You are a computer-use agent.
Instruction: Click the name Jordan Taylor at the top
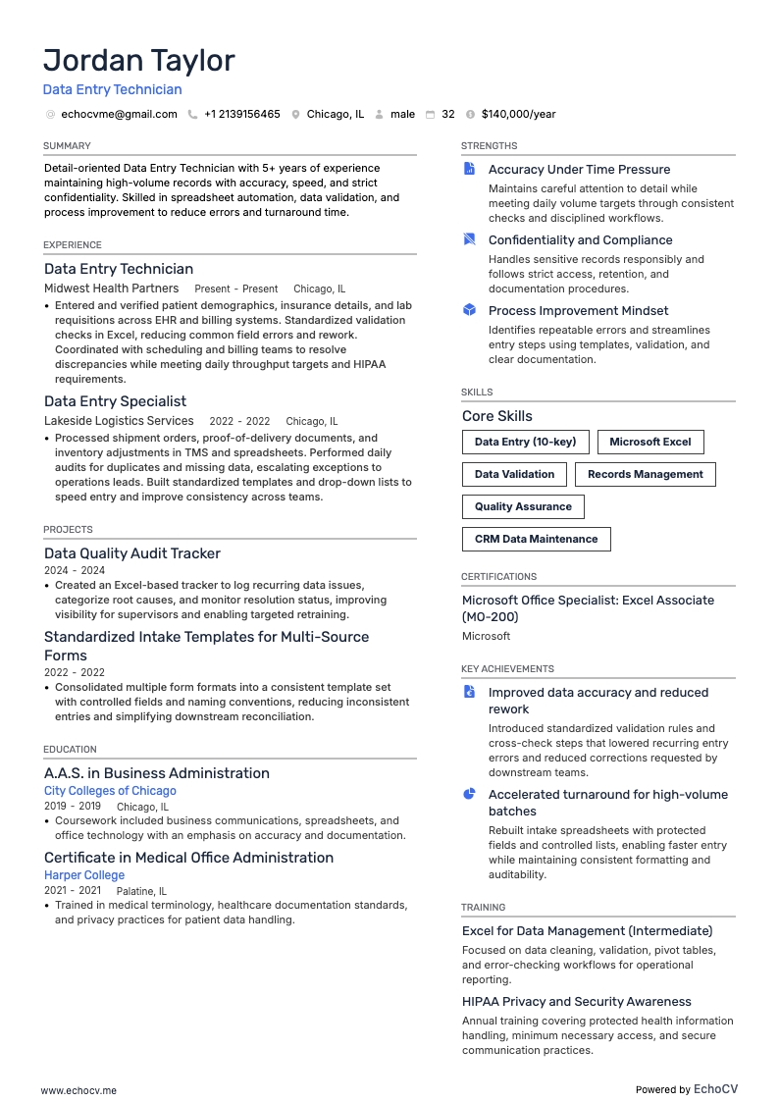(138, 61)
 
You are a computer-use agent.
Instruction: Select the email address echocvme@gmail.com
(119, 114)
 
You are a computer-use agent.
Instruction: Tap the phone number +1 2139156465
(241, 114)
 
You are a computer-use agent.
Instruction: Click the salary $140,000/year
(518, 114)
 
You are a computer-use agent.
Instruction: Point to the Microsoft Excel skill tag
(649, 442)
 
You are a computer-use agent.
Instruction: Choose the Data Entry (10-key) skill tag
(525, 442)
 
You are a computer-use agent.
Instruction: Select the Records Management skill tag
(645, 474)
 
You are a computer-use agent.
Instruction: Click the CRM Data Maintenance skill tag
(536, 539)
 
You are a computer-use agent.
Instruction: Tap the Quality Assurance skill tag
(523, 506)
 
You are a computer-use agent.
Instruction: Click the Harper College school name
(84, 875)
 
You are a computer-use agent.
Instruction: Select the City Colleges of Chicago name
(110, 791)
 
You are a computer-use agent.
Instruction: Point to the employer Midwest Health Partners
(111, 289)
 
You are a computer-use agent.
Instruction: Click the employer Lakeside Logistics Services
(119, 421)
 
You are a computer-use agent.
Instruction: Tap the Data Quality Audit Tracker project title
(132, 553)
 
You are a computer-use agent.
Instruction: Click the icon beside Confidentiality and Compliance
(469, 239)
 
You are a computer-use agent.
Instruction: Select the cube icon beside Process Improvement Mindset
(469, 310)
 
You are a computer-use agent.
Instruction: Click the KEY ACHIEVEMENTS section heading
(507, 668)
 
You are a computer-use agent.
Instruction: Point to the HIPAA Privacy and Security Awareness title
(576, 1002)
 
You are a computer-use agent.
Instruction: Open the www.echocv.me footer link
(78, 1089)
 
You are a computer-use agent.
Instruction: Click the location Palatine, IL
(141, 891)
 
